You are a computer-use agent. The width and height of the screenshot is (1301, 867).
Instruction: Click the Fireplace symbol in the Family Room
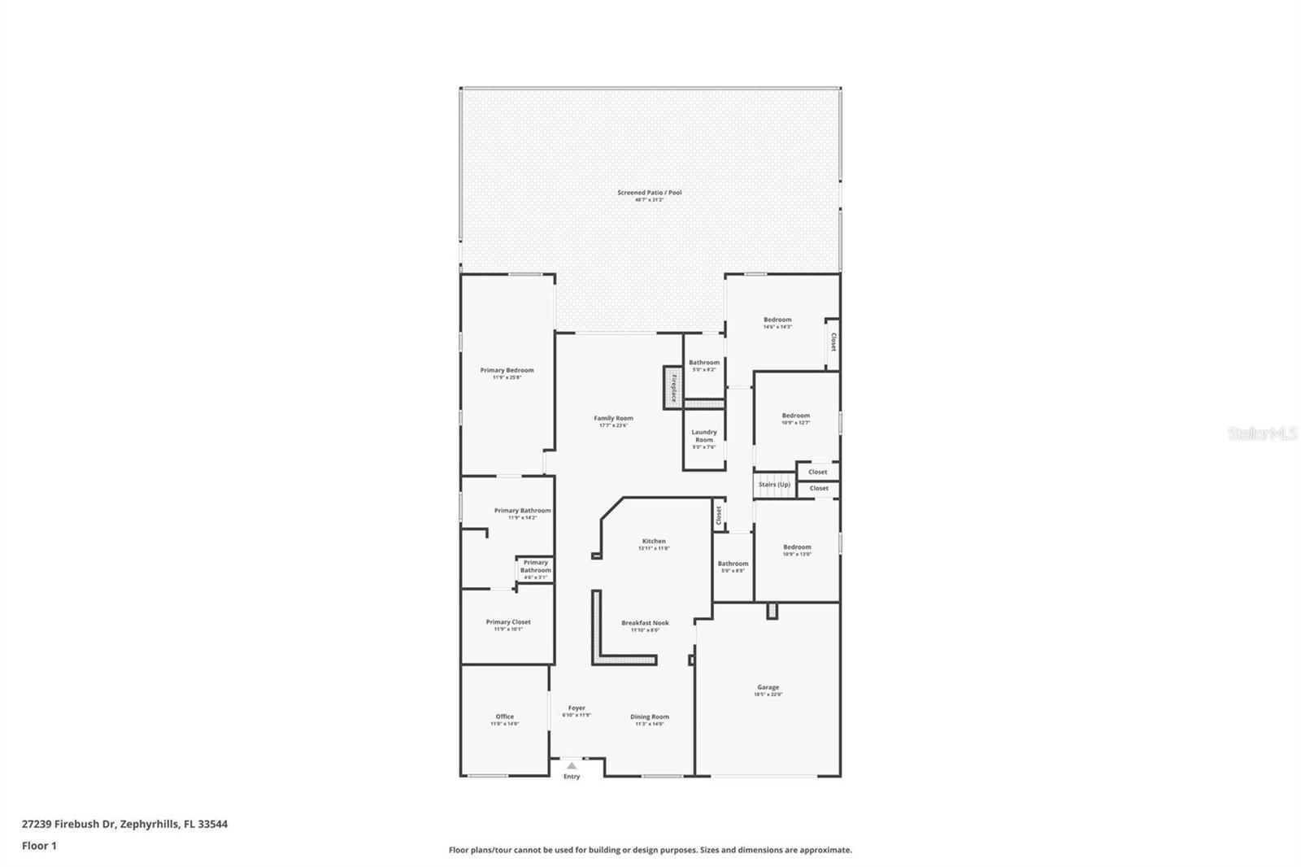click(673, 387)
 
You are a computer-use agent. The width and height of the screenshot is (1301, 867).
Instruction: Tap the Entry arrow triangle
click(572, 765)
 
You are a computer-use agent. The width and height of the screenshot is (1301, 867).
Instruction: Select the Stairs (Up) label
click(774, 485)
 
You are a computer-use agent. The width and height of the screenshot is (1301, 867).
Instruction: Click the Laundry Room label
click(704, 436)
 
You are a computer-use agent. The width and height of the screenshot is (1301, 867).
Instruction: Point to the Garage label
click(768, 688)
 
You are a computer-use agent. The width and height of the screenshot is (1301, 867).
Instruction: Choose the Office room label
click(504, 717)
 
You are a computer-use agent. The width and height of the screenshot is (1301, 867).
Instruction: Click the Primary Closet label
click(508, 622)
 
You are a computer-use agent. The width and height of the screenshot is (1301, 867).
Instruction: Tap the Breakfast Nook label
click(645, 623)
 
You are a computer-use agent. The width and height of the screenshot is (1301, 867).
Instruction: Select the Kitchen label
click(654, 541)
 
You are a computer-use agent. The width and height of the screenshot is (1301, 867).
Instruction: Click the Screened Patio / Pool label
click(649, 193)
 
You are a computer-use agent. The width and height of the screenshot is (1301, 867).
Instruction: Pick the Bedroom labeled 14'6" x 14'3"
click(777, 320)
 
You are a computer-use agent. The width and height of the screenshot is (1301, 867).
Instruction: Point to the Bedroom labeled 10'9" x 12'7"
click(795, 416)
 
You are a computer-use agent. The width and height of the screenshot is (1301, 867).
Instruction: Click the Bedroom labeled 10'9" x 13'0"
click(797, 547)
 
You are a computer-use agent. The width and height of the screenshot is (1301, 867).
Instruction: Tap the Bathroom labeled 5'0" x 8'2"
click(704, 363)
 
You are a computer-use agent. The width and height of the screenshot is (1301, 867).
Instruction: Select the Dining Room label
click(650, 717)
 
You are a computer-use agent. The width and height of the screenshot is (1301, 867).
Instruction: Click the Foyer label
click(577, 708)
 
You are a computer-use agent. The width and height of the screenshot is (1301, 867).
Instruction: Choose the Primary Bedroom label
click(507, 370)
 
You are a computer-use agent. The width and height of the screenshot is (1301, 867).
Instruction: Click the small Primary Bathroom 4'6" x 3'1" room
click(535, 567)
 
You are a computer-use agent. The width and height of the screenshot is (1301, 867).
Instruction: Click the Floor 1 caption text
click(39, 846)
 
